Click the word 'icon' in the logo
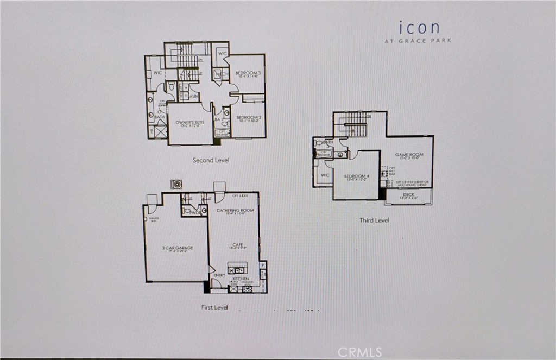(x=419, y=27)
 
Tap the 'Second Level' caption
(x=211, y=160)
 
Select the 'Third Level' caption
(x=374, y=220)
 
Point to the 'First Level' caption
(x=214, y=307)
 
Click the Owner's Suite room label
(x=190, y=123)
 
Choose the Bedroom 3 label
(x=247, y=73)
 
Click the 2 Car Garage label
(x=178, y=248)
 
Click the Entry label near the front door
(x=219, y=275)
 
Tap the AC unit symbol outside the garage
(x=176, y=184)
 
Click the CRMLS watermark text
(x=359, y=352)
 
